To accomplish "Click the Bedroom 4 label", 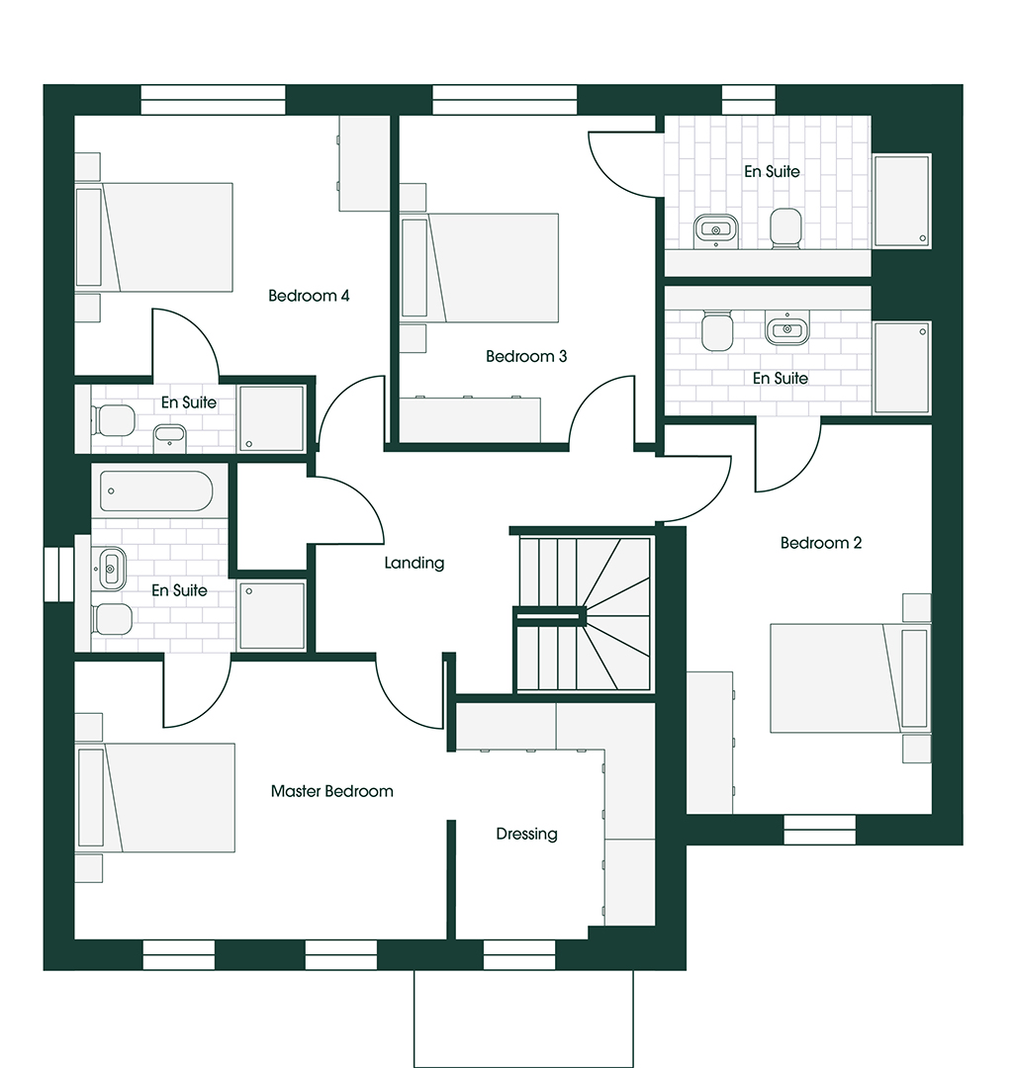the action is pyautogui.click(x=309, y=296).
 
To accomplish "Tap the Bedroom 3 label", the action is pyautogui.click(x=526, y=356).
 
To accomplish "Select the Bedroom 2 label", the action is pyautogui.click(x=821, y=543).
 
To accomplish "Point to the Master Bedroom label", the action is pyautogui.click(x=331, y=791).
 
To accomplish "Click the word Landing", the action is pyautogui.click(x=415, y=564).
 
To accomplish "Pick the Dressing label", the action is pyautogui.click(x=526, y=835).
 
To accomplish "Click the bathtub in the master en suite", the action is pyautogui.click(x=156, y=491).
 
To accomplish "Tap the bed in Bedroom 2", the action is pyautogui.click(x=850, y=678).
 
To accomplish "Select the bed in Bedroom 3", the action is pyautogui.click(x=480, y=268).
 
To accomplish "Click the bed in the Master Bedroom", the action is pyautogui.click(x=155, y=798).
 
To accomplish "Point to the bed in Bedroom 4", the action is pyautogui.click(x=154, y=237).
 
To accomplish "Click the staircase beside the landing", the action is pyautogui.click(x=584, y=614).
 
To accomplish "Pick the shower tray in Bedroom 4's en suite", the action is pyautogui.click(x=271, y=418).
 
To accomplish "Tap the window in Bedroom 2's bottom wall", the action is pyautogui.click(x=819, y=831).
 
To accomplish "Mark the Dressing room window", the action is pyautogui.click(x=519, y=955).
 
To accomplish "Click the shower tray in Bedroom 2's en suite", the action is pyautogui.click(x=902, y=368).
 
